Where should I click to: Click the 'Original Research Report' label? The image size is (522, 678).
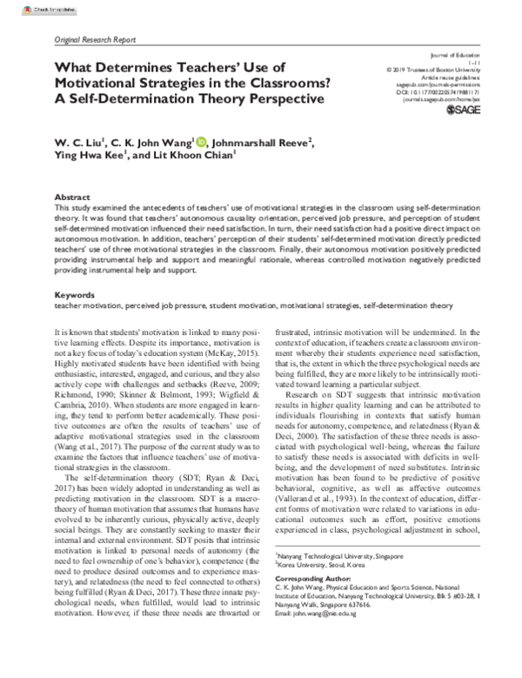(x=95, y=40)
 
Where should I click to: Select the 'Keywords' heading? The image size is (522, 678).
(x=75, y=296)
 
